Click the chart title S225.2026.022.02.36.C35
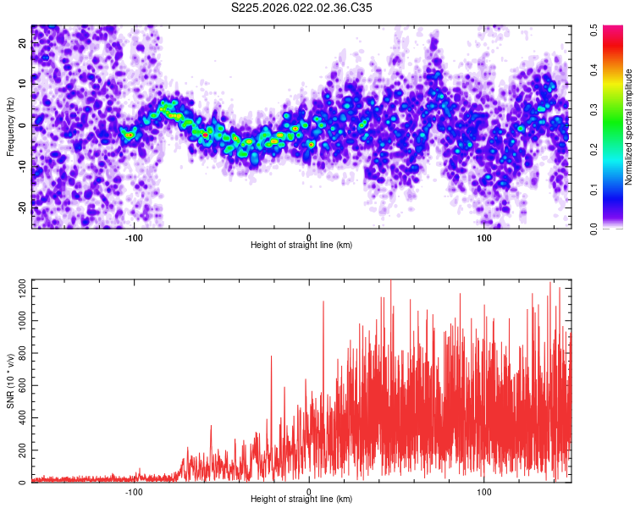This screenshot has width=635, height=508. pos(301,8)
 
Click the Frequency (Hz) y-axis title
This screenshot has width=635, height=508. pos(10,126)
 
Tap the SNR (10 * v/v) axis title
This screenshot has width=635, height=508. pos(10,380)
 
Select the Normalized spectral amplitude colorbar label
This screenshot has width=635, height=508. pos(629,126)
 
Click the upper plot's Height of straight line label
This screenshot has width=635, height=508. pos(301,245)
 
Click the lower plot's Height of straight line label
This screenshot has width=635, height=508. pos(301,499)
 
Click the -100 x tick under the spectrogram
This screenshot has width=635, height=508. pos(134,238)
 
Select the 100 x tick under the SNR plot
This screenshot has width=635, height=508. pos(484,491)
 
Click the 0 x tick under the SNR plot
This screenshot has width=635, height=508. pos(309,491)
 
